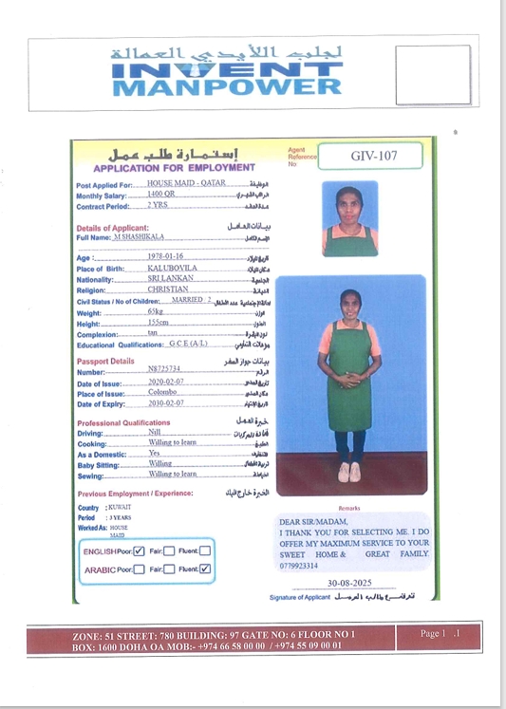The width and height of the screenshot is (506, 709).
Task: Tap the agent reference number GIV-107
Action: pyautogui.click(x=372, y=155)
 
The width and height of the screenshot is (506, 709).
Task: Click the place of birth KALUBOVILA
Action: pyautogui.click(x=172, y=268)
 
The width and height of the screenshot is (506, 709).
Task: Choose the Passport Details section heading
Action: pyautogui.click(x=105, y=362)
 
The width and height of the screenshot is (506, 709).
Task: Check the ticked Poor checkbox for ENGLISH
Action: pyautogui.click(x=139, y=550)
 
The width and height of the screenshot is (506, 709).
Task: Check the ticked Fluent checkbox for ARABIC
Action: pyautogui.click(x=205, y=569)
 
